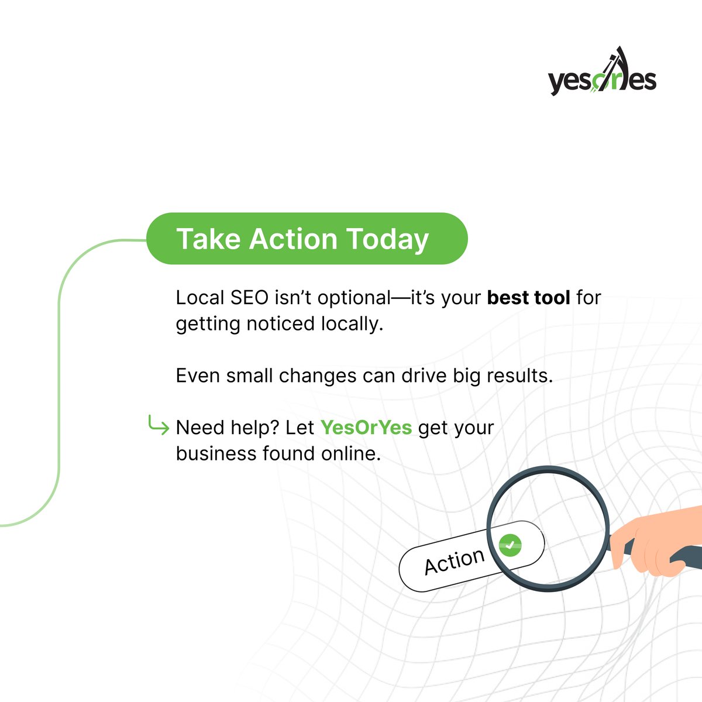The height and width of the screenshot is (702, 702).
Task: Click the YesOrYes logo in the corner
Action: [x=602, y=73]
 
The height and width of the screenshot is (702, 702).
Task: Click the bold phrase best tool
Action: [x=528, y=298]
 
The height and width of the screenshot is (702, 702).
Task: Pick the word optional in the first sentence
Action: [x=353, y=298]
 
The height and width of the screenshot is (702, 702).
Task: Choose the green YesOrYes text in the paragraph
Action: [x=366, y=428]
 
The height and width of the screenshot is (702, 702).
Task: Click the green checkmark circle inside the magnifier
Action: [x=510, y=545]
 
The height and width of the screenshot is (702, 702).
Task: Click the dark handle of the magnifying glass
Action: [x=690, y=556]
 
